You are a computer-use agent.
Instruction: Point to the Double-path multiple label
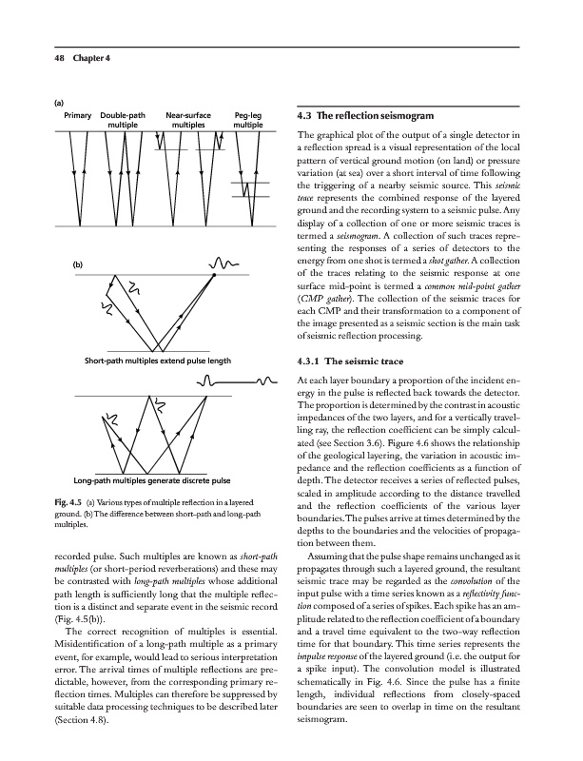122,120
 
